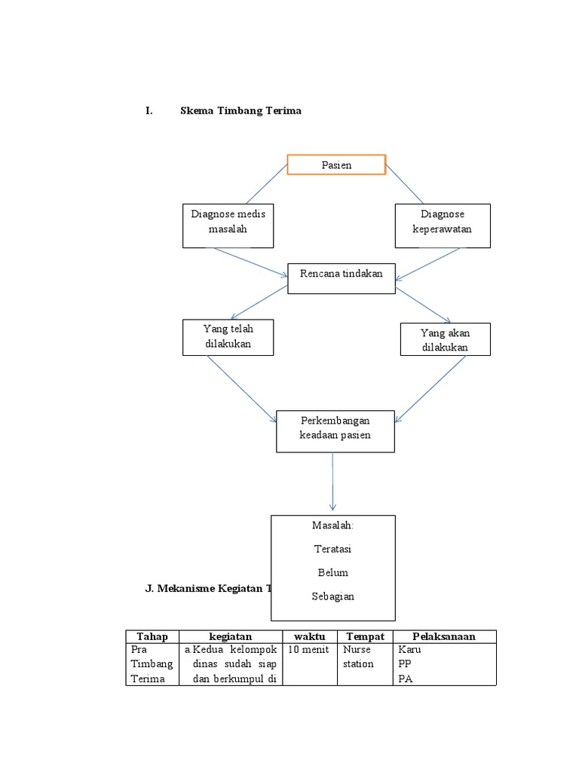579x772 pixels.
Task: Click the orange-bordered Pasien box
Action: (336, 165)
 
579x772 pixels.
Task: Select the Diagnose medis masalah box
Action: (228, 225)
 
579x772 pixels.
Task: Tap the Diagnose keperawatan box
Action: (443, 225)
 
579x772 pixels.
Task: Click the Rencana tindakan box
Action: (341, 274)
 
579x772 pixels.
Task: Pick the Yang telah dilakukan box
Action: (228, 337)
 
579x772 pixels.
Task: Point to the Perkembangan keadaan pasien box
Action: (335, 430)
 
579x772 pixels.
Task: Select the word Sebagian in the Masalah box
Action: (332, 596)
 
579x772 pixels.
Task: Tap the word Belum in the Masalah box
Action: (332, 573)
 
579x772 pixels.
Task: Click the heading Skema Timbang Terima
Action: (240, 110)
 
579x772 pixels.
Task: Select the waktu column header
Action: (309, 636)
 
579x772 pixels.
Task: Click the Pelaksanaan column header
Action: (443, 636)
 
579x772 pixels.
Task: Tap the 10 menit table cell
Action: (308, 649)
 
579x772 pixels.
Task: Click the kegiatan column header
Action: (231, 636)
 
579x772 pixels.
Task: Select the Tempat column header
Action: (364, 636)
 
